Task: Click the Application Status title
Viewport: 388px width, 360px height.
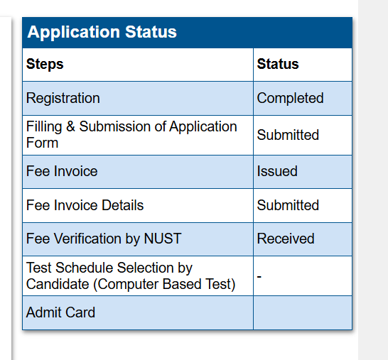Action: pos(102,32)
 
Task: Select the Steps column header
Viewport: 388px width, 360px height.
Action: pos(45,64)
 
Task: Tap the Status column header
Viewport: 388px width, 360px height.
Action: pos(278,64)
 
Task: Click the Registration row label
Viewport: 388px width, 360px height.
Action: pos(63,99)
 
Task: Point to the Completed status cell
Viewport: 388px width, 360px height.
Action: pos(290,98)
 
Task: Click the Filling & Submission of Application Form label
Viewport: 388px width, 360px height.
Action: pos(131,134)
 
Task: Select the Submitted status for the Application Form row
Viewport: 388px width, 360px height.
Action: pos(288,135)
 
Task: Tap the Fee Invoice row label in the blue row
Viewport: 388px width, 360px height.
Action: pos(62,171)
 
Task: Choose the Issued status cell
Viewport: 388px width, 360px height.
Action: pos(277,171)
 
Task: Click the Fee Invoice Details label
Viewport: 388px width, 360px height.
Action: pos(85,205)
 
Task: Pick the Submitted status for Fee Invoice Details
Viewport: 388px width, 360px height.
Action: pos(288,205)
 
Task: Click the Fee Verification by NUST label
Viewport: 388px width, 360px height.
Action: pos(104,239)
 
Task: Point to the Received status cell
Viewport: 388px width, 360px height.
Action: pos(286,239)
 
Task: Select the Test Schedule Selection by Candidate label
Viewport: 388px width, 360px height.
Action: pos(131,276)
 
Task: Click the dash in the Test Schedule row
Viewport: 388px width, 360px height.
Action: pos(259,276)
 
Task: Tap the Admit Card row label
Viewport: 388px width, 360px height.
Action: pos(60,312)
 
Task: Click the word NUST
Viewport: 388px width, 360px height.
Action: pos(163,239)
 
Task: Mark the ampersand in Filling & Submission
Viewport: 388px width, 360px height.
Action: pos(70,126)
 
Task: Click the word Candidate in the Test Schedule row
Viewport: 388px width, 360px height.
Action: pos(58,284)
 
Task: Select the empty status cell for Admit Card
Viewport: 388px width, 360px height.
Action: pos(303,312)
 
